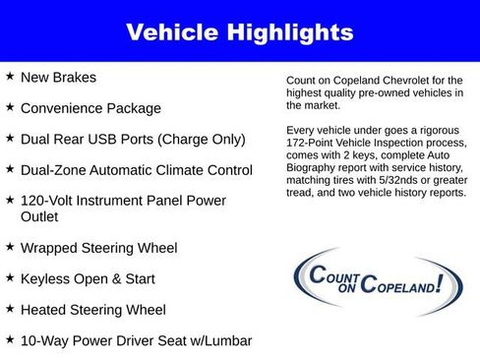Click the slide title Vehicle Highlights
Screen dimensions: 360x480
click(239, 32)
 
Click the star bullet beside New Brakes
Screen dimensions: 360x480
click(10, 76)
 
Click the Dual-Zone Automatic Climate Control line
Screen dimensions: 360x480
click(136, 170)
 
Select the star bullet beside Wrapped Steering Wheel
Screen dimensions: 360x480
click(10, 246)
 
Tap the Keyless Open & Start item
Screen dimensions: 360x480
click(87, 278)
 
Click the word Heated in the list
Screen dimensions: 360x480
click(44, 310)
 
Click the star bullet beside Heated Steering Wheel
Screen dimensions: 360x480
click(10, 309)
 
